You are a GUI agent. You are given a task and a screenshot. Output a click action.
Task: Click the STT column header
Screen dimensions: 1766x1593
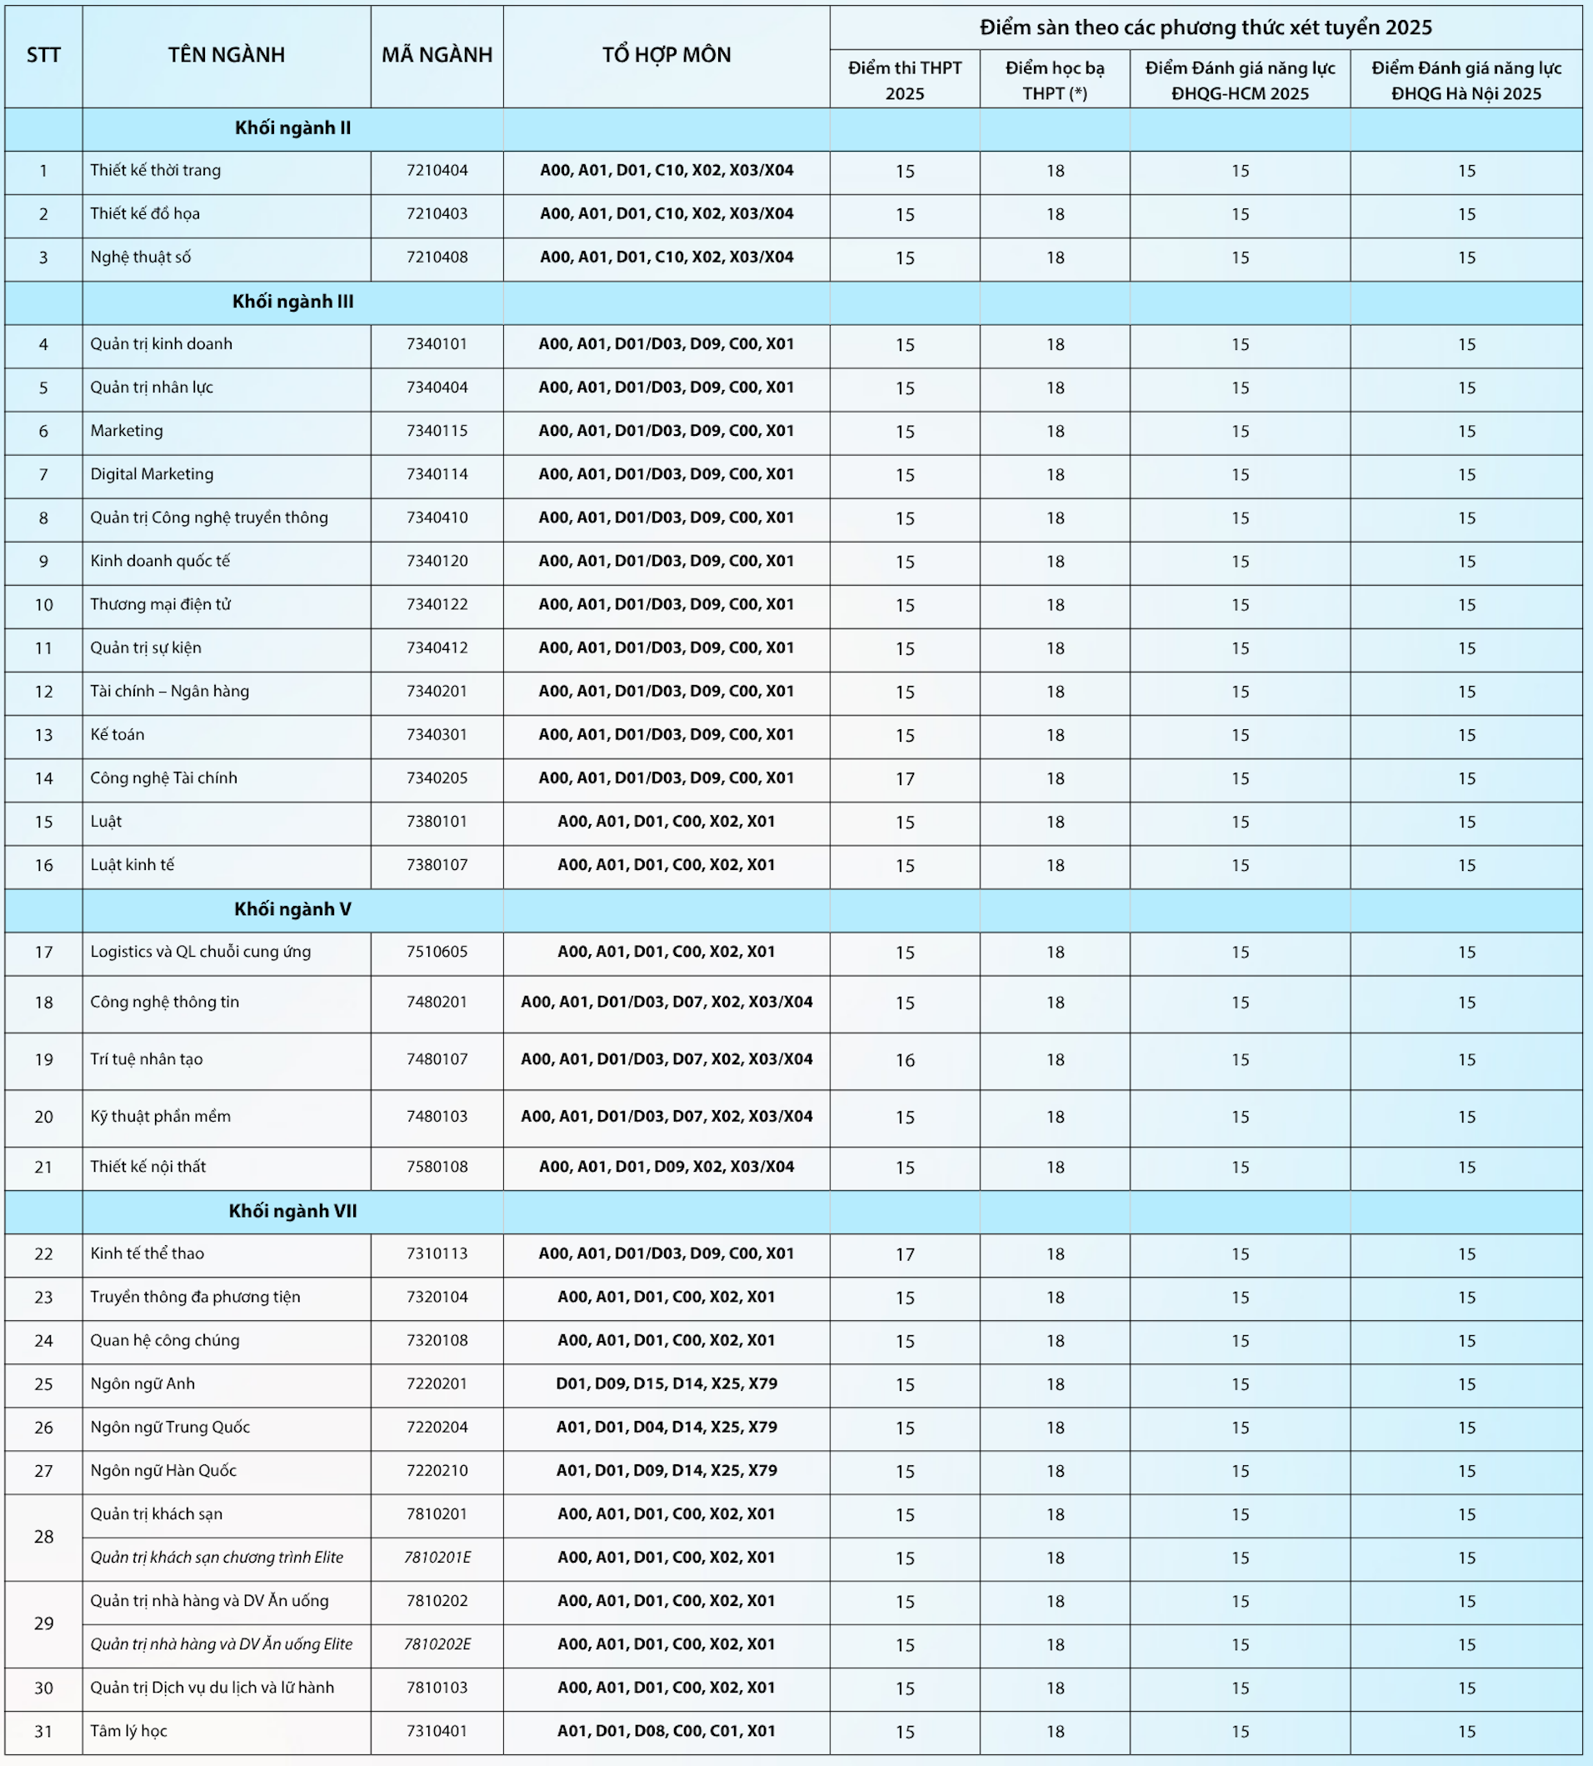point(42,56)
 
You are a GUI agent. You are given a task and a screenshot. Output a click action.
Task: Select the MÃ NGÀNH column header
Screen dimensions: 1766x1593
point(437,56)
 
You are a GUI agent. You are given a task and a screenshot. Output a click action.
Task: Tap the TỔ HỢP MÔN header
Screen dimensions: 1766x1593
point(666,56)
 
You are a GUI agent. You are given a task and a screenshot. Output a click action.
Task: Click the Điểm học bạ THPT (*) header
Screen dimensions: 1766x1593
point(1055,81)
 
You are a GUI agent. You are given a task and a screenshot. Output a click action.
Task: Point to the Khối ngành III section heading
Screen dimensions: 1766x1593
point(292,302)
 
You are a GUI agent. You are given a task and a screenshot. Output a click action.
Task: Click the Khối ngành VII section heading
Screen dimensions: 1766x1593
point(292,1212)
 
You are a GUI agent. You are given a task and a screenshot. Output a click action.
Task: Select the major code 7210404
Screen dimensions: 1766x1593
point(437,171)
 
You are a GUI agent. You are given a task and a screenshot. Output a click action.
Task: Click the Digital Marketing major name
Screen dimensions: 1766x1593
point(152,474)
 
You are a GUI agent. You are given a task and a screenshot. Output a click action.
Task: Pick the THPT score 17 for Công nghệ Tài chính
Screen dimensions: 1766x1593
point(904,779)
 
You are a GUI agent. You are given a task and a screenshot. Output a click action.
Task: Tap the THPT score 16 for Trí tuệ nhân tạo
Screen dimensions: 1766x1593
point(904,1060)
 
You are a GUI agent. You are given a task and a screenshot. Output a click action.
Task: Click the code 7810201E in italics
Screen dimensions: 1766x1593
point(437,1558)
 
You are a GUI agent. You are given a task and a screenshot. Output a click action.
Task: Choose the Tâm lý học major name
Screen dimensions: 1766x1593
point(128,1731)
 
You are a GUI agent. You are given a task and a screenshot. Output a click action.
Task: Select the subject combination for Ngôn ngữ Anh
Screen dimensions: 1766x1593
point(666,1384)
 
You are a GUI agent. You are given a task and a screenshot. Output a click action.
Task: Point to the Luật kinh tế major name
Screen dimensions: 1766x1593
point(132,865)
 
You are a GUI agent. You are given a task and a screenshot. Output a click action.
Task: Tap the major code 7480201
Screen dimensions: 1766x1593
point(437,1003)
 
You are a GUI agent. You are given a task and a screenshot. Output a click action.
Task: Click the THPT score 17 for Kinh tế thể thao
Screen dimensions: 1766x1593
point(904,1254)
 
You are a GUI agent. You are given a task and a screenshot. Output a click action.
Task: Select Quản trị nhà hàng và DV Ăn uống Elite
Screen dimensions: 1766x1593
point(222,1644)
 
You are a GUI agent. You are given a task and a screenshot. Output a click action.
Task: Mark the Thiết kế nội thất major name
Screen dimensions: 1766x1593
point(148,1167)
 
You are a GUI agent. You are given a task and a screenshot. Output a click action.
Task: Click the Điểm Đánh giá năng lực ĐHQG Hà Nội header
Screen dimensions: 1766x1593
point(1466,81)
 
